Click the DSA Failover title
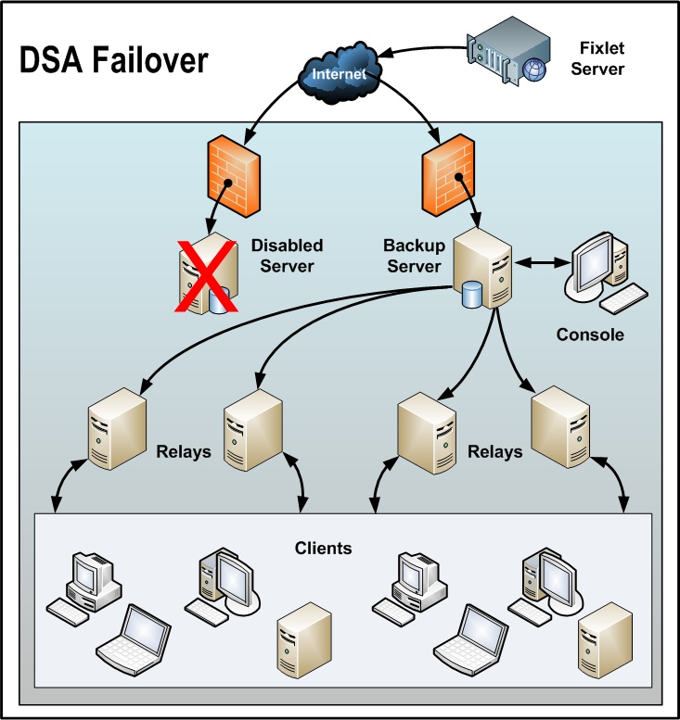tap(115, 61)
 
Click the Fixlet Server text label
tap(597, 57)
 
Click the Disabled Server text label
tap(287, 256)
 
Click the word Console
tap(590, 335)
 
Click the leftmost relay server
tap(118, 428)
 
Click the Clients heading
tap(323, 548)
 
